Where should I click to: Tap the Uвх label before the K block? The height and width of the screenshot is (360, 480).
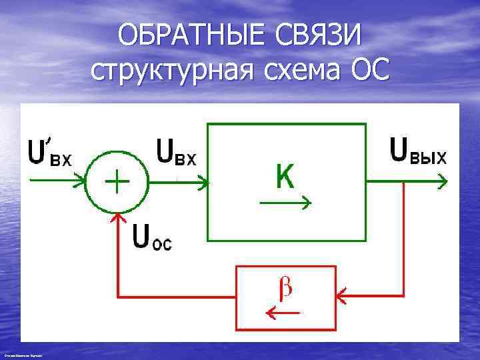(176, 153)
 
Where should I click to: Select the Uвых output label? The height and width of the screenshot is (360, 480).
(418, 151)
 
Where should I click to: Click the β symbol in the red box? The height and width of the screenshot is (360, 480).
(285, 288)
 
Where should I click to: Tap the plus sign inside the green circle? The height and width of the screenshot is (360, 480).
(117, 181)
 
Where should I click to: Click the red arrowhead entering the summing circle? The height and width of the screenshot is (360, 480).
(118, 217)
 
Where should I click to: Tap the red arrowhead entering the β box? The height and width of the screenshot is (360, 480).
(341, 293)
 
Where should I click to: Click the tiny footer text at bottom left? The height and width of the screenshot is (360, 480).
(23, 357)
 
